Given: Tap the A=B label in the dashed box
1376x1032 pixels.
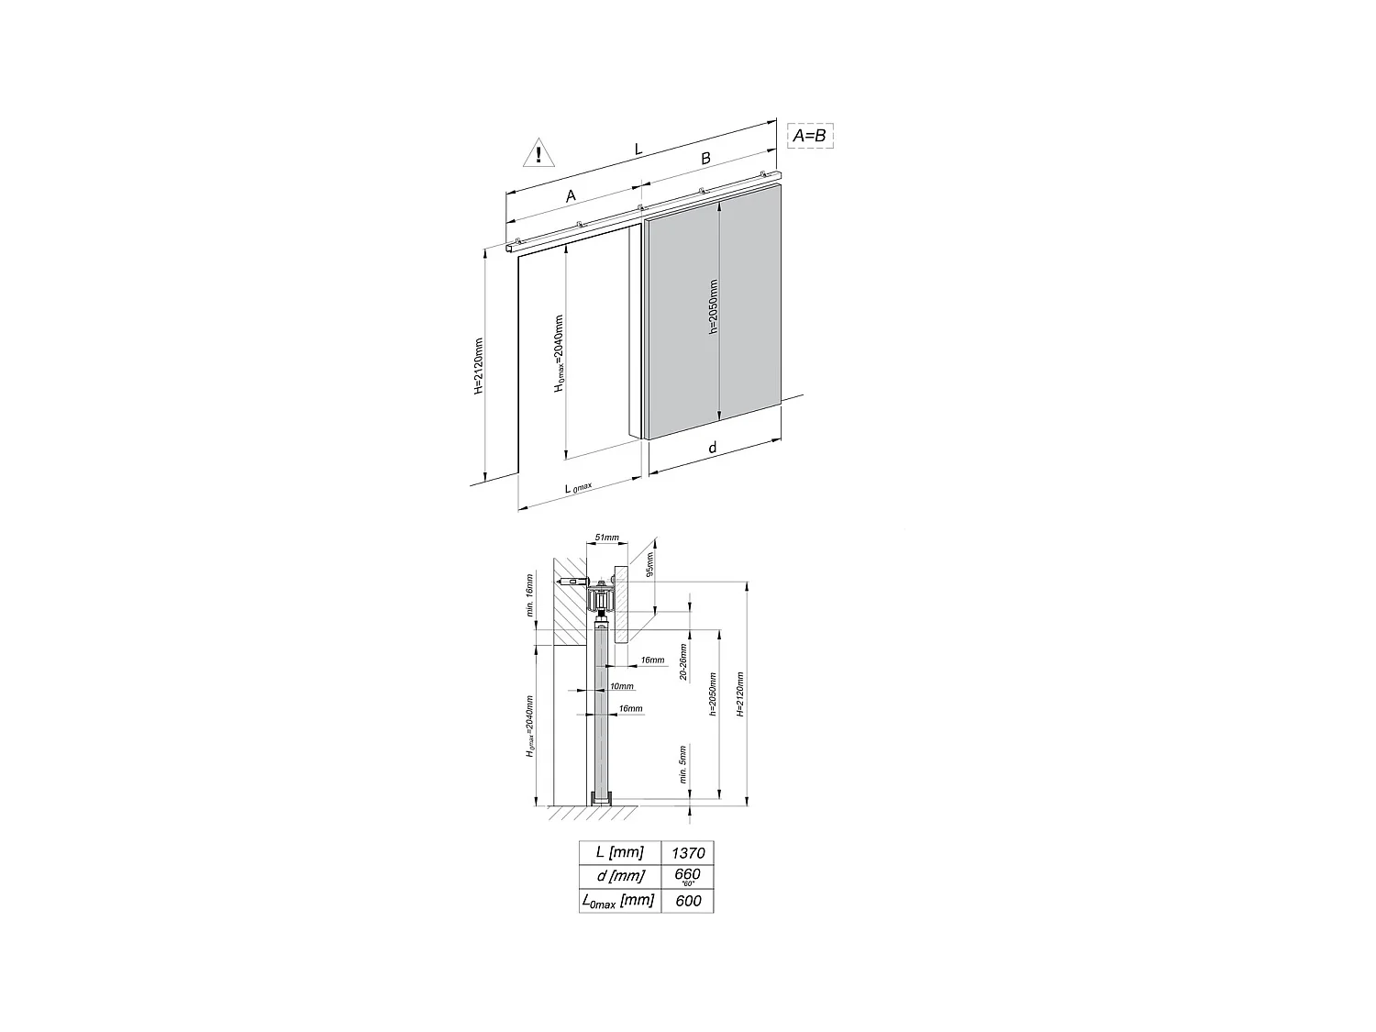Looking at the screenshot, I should (809, 136).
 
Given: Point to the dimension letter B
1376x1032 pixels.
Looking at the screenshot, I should (705, 158).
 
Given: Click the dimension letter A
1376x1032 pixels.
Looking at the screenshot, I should (571, 195).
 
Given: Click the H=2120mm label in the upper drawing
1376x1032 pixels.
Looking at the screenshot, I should (478, 366).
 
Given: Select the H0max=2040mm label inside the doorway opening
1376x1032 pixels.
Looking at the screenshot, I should (559, 354).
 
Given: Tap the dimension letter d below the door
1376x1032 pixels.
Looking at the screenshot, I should (712, 448).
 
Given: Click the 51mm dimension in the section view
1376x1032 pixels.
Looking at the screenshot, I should (607, 537).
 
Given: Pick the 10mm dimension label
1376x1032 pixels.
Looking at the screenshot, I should (620, 686).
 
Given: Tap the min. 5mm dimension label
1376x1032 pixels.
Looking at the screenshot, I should (682, 762).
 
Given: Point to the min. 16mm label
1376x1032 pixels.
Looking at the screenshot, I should (529, 596).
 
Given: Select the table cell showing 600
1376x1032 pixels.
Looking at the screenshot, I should (687, 901).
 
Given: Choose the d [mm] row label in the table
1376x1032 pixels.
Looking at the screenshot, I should (619, 875).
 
